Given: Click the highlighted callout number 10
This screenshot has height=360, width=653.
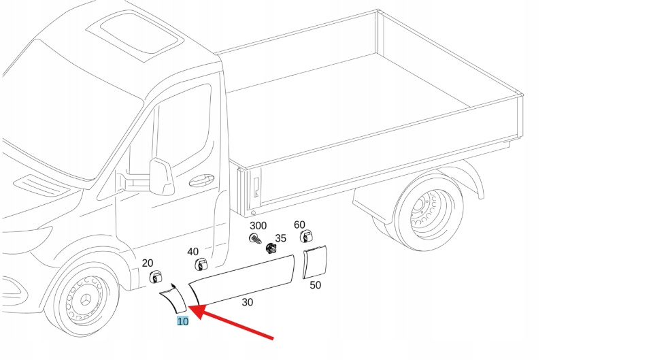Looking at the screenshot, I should (182, 321).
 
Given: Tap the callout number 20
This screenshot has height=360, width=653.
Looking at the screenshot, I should (148, 263).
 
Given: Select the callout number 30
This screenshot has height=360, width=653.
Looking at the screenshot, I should (247, 302).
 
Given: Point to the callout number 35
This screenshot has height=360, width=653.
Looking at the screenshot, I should (280, 238).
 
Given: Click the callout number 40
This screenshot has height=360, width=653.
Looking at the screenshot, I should (193, 252).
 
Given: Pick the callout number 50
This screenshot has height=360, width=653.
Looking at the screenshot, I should (315, 285).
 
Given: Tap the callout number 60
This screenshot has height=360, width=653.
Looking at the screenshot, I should (299, 225).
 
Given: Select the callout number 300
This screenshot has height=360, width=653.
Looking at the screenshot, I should (258, 225).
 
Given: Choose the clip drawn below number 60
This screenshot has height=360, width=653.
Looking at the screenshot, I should (305, 237).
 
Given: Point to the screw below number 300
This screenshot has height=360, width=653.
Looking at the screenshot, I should (256, 239).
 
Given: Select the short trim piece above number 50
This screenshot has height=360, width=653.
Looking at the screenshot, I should (315, 263).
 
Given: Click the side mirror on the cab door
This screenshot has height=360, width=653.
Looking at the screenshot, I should (162, 177).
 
